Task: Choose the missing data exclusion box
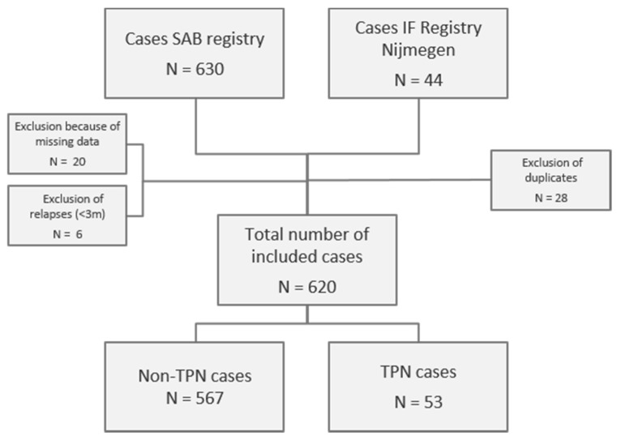pyautogui.click(x=67, y=143)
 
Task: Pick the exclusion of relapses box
pyautogui.click(x=66, y=215)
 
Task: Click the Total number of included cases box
pyautogui.click(x=306, y=258)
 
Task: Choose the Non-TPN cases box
pyautogui.click(x=195, y=387)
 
